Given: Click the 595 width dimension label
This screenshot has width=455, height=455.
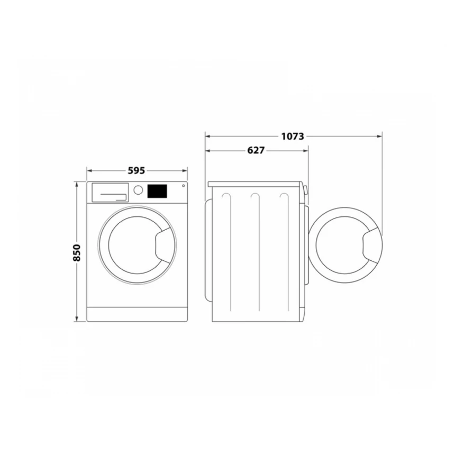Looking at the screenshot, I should point(136,171).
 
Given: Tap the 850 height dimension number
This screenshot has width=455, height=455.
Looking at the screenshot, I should point(77,253).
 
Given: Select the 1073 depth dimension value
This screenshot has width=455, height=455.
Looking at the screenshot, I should point(292,136).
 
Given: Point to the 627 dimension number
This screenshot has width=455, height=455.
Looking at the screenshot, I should point(256,151).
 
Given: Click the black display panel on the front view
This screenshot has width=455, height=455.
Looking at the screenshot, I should point(157,191).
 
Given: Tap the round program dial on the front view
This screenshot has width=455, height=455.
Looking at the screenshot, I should point(138,190).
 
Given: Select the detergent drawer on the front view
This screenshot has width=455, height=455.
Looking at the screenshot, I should point(110,192).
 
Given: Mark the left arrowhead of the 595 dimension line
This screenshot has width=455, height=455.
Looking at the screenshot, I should point(88,171).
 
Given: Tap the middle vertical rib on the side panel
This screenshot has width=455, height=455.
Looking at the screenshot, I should point(256,254).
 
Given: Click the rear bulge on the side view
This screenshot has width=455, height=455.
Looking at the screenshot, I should point(207,249).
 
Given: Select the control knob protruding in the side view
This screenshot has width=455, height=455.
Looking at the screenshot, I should point(306,189).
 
